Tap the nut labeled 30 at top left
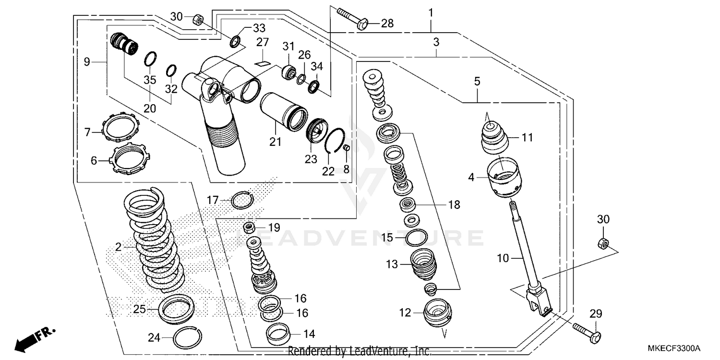click(197, 20)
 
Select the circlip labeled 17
click(241, 200)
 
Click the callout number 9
click(87, 61)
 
